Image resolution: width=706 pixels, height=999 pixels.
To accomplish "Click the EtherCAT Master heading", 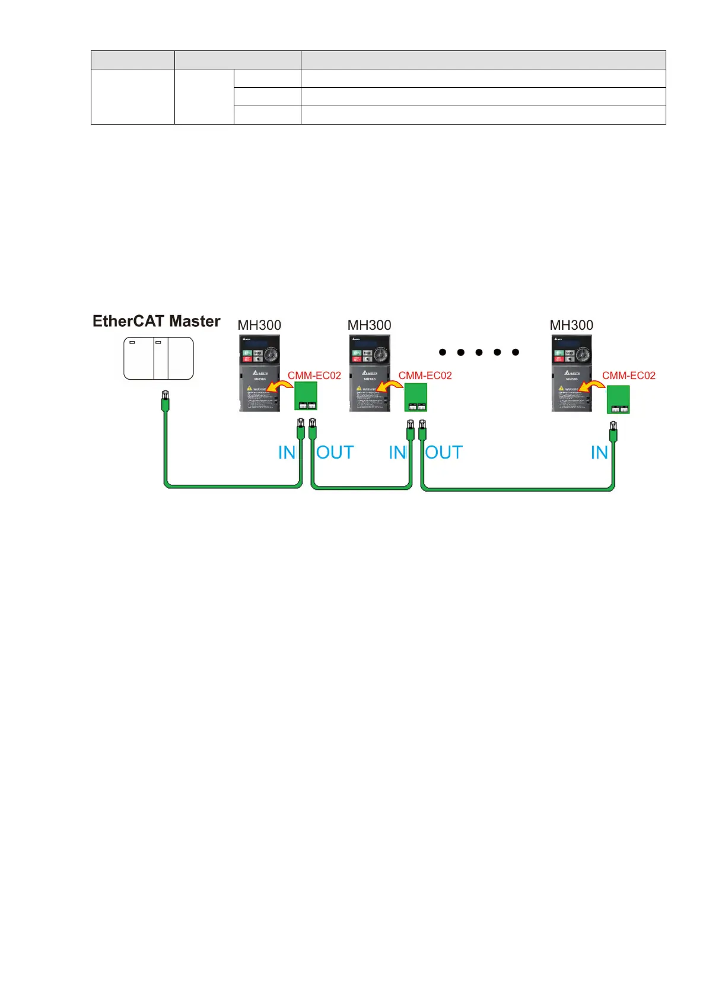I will [x=156, y=322].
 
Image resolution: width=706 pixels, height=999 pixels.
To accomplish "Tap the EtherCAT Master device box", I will [x=158, y=358].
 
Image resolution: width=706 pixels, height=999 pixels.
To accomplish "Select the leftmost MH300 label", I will [x=259, y=325].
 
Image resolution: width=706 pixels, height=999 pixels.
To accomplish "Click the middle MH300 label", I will [x=369, y=325].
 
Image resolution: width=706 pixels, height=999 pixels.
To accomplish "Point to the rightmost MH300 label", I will [x=571, y=325].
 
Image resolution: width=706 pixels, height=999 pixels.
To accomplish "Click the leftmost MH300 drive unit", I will [x=259, y=373].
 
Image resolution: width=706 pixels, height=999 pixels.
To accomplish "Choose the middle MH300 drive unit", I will [x=369, y=373].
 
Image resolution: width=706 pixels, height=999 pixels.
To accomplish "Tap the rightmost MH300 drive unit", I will [x=571, y=373].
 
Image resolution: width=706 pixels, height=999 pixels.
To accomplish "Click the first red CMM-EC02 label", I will [x=314, y=376].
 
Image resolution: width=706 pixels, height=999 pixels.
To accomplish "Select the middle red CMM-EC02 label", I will [x=425, y=376].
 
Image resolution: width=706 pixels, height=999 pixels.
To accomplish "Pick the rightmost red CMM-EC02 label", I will [x=629, y=376].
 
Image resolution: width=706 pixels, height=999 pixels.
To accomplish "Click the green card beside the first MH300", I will [x=306, y=396].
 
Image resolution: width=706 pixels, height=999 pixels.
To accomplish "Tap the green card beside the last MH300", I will [x=618, y=399].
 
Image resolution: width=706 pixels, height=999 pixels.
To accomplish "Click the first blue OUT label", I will [x=335, y=453].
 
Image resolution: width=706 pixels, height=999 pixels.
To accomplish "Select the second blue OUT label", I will [x=444, y=453].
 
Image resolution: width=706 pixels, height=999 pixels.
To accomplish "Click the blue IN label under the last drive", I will [x=599, y=453].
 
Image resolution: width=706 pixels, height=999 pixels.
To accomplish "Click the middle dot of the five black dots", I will [x=479, y=352].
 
